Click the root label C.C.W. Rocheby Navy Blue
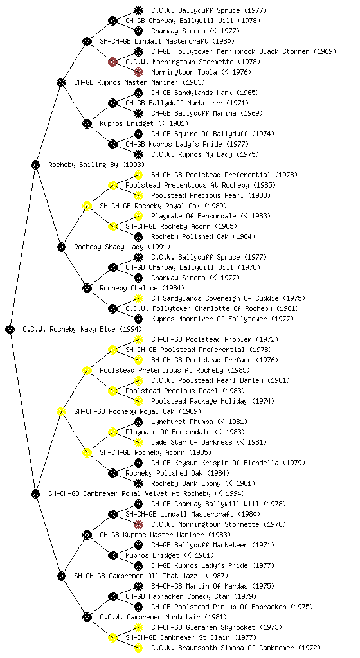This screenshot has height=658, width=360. pos(82,329)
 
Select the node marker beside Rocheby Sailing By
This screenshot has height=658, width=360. pos(35,164)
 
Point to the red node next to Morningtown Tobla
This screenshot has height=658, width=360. pos(138,72)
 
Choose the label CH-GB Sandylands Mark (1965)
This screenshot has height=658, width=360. pos(205,93)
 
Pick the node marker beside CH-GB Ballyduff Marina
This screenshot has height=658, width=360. pos(138,113)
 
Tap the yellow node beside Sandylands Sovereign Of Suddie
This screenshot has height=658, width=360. pos(138,298)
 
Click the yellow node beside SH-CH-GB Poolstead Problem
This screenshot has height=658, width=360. pos(138,339)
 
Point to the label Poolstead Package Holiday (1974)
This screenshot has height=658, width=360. pos(213,401)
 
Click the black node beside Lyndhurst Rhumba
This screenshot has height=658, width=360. pos(138,422)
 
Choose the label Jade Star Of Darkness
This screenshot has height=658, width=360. pos(192,442)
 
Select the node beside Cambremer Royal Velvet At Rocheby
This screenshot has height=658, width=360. pos(35,493)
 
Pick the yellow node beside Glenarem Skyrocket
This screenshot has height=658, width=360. pos(138,627)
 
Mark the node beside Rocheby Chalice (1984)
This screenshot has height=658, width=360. pos(87,288)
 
